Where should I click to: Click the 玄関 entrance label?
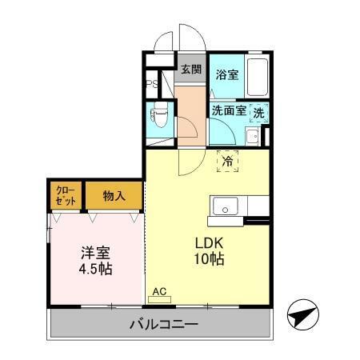click(191, 70)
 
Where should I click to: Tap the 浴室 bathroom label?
click(226, 75)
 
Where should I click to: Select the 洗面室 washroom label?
click(228, 113)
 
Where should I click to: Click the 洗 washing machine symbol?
click(258, 114)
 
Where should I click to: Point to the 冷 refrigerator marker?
click(228, 160)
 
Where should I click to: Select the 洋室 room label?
click(94, 252)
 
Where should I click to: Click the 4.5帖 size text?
click(95, 269)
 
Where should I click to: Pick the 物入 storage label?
click(114, 196)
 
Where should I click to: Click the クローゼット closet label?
click(65, 196)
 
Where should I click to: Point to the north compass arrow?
click(302, 314)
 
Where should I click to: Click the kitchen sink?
click(226, 206)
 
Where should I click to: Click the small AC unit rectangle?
click(158, 300)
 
